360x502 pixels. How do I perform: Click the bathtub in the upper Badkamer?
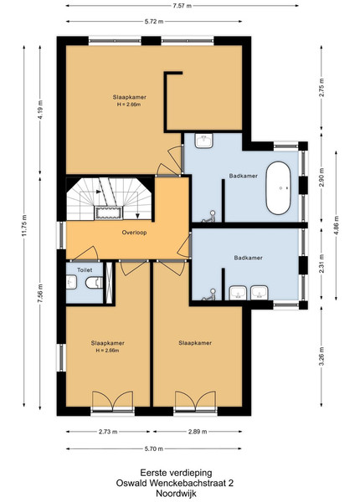pos(278,188)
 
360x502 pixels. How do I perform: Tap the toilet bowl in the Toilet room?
pos(94,283)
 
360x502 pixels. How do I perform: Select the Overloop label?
pos(134,233)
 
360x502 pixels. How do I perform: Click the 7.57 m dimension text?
pos(183,6)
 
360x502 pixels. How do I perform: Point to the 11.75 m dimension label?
pos(24,226)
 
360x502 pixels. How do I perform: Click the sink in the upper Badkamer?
pos(204,141)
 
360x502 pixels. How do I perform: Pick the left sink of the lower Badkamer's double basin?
pos(238,293)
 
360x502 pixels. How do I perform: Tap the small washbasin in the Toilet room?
pos(71,283)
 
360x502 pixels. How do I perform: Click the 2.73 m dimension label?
pos(108,432)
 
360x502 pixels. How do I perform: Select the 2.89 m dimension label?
pos(198,432)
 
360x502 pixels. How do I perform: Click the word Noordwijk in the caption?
pos(176,494)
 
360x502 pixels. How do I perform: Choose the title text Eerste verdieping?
pos(176,473)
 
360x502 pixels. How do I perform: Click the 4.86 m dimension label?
pos(336,226)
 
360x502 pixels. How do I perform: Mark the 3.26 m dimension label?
pos(321,356)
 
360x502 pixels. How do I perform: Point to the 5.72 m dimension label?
pos(154,22)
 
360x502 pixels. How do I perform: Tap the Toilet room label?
pos(85,270)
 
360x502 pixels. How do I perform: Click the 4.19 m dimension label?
pos(40,110)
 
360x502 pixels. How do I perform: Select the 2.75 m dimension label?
pos(321,87)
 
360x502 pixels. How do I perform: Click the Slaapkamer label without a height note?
pos(195,343)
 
